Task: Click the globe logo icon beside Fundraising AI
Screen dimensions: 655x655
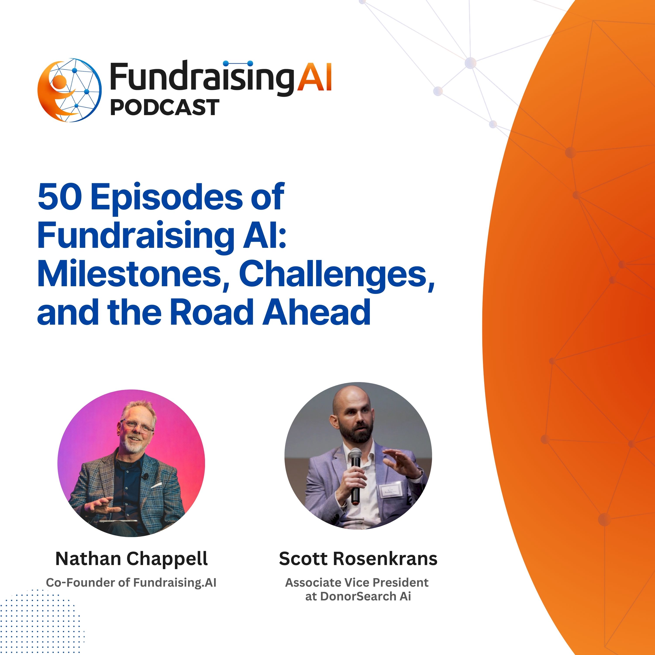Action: point(69,90)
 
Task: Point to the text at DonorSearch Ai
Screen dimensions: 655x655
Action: point(358,596)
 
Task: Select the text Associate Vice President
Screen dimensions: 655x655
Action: point(357,583)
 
